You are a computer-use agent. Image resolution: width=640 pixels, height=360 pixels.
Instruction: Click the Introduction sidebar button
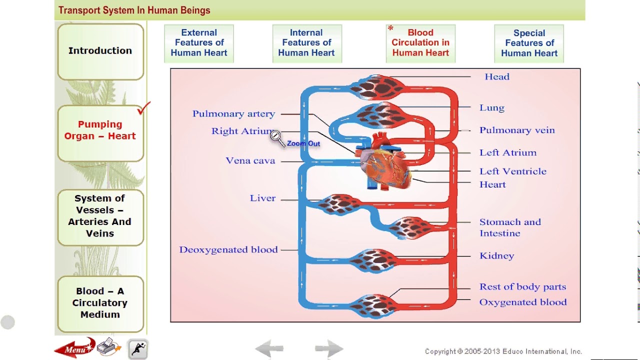tap(100, 51)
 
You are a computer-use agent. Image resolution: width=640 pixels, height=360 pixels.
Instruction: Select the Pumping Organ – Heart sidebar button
tap(100, 130)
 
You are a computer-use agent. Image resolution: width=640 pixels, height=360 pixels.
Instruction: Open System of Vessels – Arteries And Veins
tap(100, 216)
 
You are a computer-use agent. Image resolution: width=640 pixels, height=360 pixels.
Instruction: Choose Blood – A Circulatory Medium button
tap(100, 303)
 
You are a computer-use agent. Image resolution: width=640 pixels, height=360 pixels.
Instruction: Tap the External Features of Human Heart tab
tap(199, 43)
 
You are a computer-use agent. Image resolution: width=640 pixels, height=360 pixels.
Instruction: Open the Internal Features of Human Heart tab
tap(306, 43)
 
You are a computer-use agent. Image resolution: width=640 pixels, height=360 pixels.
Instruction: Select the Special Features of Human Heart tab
tap(529, 43)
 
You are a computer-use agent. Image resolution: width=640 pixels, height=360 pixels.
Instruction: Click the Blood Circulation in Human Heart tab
tap(420, 43)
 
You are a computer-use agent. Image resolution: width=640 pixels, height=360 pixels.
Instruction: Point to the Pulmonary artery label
tap(233, 114)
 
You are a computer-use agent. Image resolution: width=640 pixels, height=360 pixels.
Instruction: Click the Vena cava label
tap(250, 161)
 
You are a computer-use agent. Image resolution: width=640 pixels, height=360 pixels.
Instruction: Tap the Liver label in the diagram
tap(262, 198)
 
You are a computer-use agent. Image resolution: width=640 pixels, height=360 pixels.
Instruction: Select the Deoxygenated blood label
tap(228, 250)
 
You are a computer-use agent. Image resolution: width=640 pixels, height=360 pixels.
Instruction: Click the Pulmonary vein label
tap(516, 130)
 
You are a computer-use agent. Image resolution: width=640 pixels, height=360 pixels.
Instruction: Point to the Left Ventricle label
tap(512, 171)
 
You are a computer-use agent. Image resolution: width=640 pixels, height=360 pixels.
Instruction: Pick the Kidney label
tap(496, 256)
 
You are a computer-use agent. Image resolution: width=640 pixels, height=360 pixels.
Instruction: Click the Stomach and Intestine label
tap(509, 227)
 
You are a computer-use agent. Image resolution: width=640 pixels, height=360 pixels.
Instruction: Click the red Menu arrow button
tap(74, 348)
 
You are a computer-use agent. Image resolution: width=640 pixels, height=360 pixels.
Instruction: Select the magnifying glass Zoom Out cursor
tap(276, 136)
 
